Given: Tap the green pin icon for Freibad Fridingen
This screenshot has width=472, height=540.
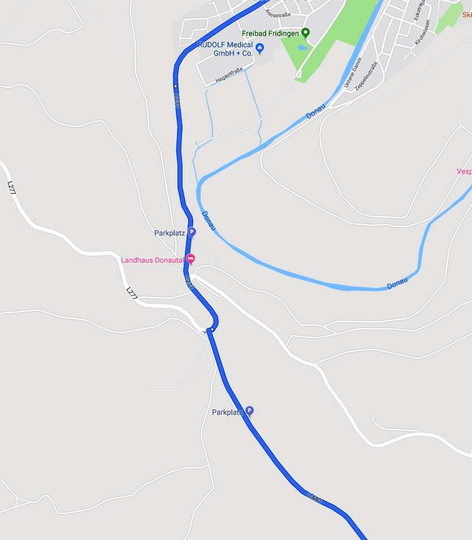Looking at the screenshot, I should point(305,33).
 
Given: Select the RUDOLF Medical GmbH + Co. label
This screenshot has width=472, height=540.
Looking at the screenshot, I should point(224,49).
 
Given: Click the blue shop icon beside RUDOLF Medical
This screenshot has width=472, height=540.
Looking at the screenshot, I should point(259,47).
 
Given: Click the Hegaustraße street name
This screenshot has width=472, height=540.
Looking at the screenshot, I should point(229,76).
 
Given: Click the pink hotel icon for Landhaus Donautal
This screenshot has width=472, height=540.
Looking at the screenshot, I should point(191,260).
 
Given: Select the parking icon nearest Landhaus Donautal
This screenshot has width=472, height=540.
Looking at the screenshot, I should point(192,232).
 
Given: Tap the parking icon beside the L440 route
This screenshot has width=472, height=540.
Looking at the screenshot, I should point(249,411).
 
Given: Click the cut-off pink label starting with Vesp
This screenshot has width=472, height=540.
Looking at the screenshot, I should point(464,171).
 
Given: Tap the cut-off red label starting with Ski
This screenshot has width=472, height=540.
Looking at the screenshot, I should point(466,15).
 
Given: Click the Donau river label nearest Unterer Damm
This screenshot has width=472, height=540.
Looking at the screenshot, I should point(316,111).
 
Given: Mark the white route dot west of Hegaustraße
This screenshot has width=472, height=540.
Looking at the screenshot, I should point(176,86).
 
